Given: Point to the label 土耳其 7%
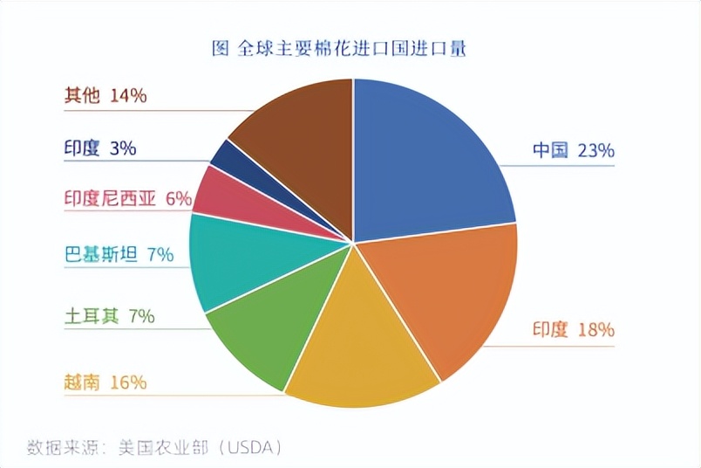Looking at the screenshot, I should tap(109, 316).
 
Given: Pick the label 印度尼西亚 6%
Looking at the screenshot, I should tap(127, 198).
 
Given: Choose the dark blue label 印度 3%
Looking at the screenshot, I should tap(99, 148).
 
